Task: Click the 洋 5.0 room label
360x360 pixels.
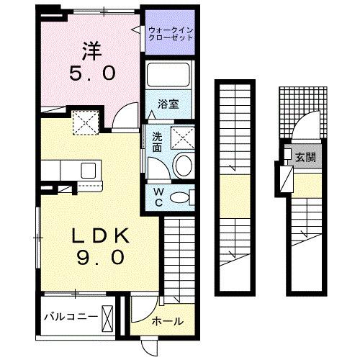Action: coord(91,61)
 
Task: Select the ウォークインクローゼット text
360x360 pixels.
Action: coord(170,33)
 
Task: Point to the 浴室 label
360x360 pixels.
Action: coord(169,104)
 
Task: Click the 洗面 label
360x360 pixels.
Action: coord(157,141)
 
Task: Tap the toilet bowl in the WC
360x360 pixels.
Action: coord(184,196)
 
